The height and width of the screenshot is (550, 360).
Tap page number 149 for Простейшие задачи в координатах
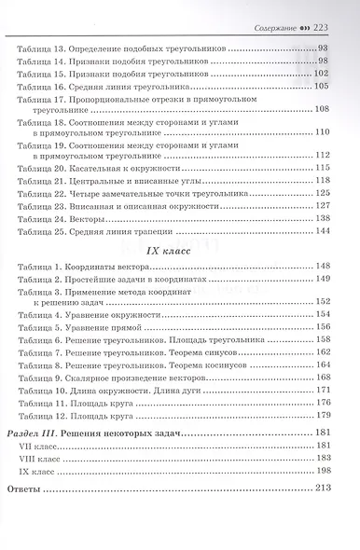coord(324,279)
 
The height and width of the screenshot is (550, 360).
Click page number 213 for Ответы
coord(324,488)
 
